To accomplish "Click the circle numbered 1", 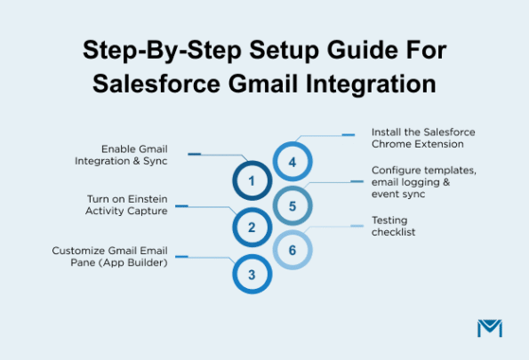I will click(x=252, y=181).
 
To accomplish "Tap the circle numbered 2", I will click(x=252, y=228).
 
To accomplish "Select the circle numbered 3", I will click(x=252, y=275).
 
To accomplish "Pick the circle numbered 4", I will click(x=292, y=162).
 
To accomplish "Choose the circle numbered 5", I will click(x=292, y=206).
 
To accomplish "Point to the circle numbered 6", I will click(x=292, y=251).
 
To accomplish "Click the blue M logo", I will click(x=489, y=327).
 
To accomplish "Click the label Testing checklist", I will click(x=395, y=226).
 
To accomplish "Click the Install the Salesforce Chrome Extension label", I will click(x=418, y=138).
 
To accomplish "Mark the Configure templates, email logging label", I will click(x=419, y=181).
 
